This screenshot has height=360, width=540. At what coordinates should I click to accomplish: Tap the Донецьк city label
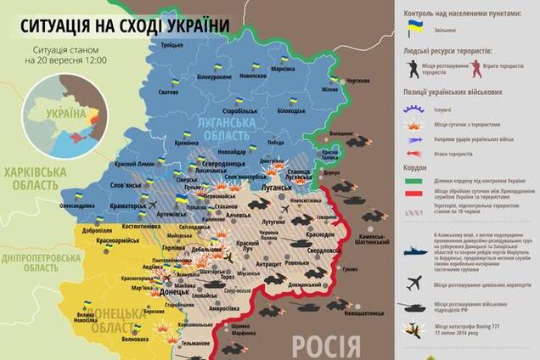coord(174,291)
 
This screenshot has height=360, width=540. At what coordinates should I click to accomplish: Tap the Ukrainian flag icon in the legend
coord(415,28)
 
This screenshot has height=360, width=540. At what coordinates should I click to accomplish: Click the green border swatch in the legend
coord(415,181)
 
